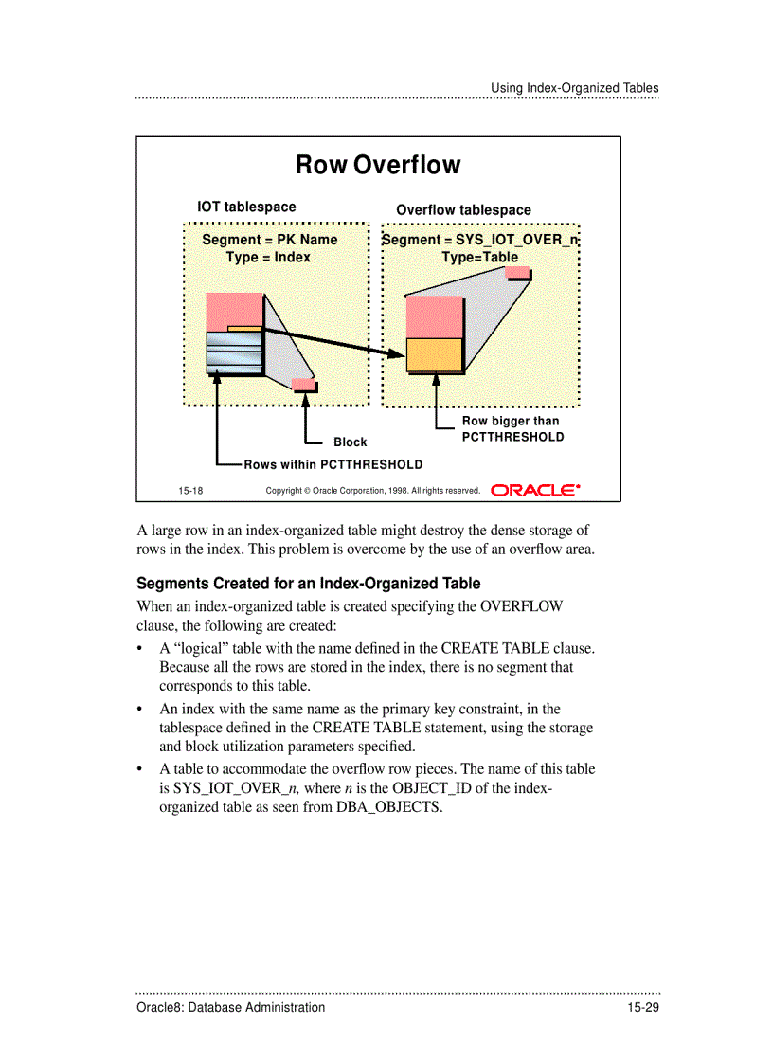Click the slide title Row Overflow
378,165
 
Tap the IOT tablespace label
246,207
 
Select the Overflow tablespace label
463,210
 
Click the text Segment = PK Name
269,240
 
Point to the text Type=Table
479,257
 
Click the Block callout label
350,442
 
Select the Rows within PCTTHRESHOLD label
333,465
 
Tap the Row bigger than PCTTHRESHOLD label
512,429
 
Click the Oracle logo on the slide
535,490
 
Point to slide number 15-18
190,491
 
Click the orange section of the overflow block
434,354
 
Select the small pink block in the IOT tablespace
304,385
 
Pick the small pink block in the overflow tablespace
517,273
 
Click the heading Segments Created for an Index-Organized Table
308,584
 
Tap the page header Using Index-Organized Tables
574,88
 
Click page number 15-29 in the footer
641,1007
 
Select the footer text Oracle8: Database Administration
230,1007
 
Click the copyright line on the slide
372,491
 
